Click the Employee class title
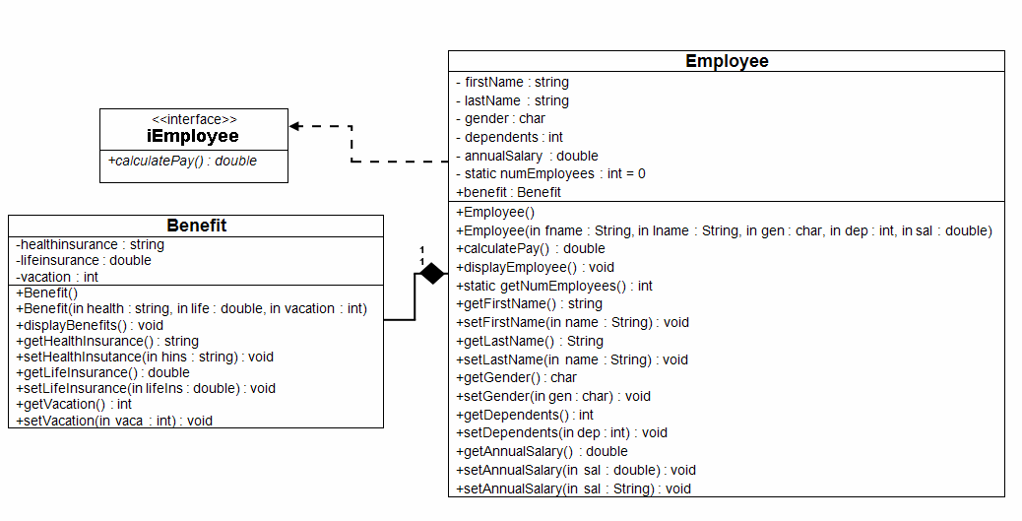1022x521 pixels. [x=727, y=61]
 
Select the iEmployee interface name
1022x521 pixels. [x=193, y=136]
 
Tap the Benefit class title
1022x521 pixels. [x=196, y=226]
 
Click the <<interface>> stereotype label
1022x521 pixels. [x=194, y=119]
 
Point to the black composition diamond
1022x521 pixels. [x=431, y=274]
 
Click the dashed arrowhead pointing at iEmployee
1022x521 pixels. [x=294, y=126]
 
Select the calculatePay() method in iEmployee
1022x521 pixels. [x=182, y=161]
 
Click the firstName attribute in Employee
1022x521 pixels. [x=512, y=83]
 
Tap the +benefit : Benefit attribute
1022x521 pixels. [x=508, y=192]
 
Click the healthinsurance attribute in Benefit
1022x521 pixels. [x=91, y=244]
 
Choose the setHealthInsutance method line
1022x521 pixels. [x=144, y=357]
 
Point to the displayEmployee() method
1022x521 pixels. [x=535, y=267]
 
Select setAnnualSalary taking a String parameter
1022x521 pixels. [x=573, y=488]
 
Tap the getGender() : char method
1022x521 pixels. [x=517, y=377]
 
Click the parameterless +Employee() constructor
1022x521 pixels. [x=495, y=212]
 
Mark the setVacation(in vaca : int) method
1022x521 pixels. [x=114, y=421]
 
